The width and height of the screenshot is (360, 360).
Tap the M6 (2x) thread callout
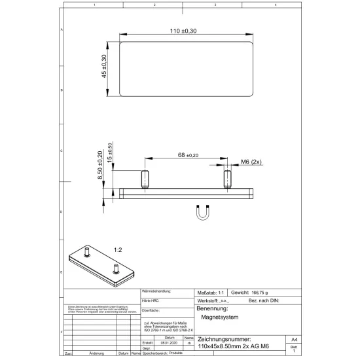tap(251, 161)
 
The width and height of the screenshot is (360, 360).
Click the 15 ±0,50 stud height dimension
tap(109, 153)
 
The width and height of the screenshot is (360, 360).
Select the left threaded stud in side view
tap(144, 179)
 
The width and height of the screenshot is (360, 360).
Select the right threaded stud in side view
tap(227, 179)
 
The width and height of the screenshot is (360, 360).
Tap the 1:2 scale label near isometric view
tap(118, 249)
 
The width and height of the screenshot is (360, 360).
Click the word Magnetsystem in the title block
tap(220, 317)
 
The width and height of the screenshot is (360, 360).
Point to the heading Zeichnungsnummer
tap(224, 339)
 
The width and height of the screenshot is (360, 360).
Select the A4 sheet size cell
tap(295, 340)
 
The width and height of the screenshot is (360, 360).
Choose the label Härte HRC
tap(151, 300)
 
